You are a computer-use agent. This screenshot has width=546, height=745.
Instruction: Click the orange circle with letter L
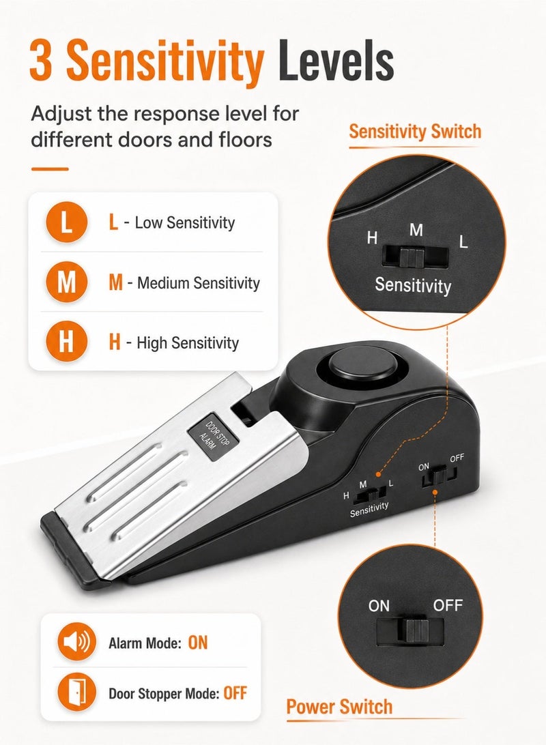(66, 222)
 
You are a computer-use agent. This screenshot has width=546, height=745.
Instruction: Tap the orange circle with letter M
(66, 282)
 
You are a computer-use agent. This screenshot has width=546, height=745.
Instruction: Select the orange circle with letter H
(66, 342)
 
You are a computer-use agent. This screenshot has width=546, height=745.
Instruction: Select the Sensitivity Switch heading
(415, 131)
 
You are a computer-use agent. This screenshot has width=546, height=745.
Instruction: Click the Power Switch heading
(339, 707)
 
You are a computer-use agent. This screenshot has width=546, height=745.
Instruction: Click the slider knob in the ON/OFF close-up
(416, 630)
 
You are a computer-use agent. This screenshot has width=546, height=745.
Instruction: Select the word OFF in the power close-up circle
(448, 605)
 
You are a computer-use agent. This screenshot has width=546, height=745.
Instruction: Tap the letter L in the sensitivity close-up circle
(463, 242)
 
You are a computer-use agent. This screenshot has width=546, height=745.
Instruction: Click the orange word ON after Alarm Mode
(198, 643)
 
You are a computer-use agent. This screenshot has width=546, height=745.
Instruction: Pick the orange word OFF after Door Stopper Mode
(235, 693)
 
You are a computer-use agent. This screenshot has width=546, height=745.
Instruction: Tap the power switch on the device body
(438, 476)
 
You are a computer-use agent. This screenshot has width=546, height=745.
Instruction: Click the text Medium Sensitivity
(199, 283)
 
